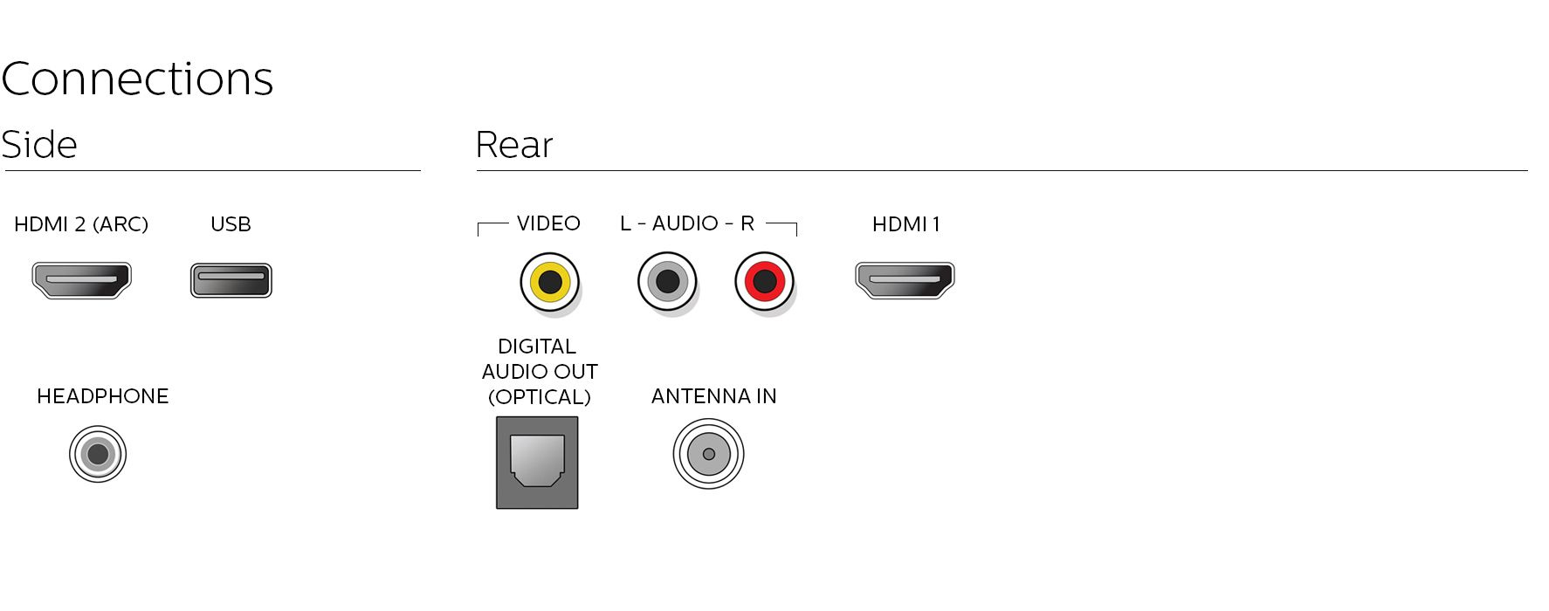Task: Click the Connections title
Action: tap(137, 79)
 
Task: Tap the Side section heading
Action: tap(39, 145)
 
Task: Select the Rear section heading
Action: tap(514, 145)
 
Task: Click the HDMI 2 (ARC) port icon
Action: tap(81, 281)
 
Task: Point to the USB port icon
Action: tap(231, 281)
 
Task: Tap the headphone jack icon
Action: tap(98, 454)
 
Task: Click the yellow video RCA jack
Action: tap(550, 282)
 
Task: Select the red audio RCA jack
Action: tap(764, 282)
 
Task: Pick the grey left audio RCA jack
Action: tap(668, 282)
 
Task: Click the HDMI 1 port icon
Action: tap(905, 280)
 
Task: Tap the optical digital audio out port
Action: tap(537, 463)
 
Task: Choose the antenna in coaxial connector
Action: tap(708, 454)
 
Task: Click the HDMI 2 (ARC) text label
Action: tap(81, 224)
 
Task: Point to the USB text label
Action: tap(231, 224)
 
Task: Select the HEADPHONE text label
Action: tap(103, 396)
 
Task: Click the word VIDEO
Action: tap(548, 223)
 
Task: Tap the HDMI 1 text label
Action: tap(906, 224)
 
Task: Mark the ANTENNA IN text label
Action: tap(714, 396)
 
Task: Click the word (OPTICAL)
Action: tap(540, 397)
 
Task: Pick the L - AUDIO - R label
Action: tap(687, 223)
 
